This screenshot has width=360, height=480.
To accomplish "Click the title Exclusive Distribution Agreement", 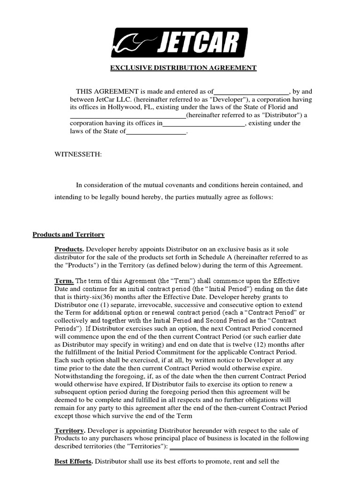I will coord(183,68).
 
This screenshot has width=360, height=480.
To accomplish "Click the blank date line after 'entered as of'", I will coord(251,92).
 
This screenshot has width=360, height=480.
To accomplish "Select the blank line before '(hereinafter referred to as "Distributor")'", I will coord(127,115).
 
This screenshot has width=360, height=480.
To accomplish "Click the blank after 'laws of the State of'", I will coord(156,132).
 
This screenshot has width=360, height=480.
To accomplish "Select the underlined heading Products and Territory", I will coord(68,234).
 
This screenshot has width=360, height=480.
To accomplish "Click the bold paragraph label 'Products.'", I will coord(69,249).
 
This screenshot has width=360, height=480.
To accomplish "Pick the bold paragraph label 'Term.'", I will coord(64,281).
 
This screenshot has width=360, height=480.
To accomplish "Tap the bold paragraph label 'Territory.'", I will coord(70,430).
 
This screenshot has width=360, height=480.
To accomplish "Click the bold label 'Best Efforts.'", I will coord(74,461).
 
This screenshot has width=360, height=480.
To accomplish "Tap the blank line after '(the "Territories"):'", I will coord(234,447).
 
